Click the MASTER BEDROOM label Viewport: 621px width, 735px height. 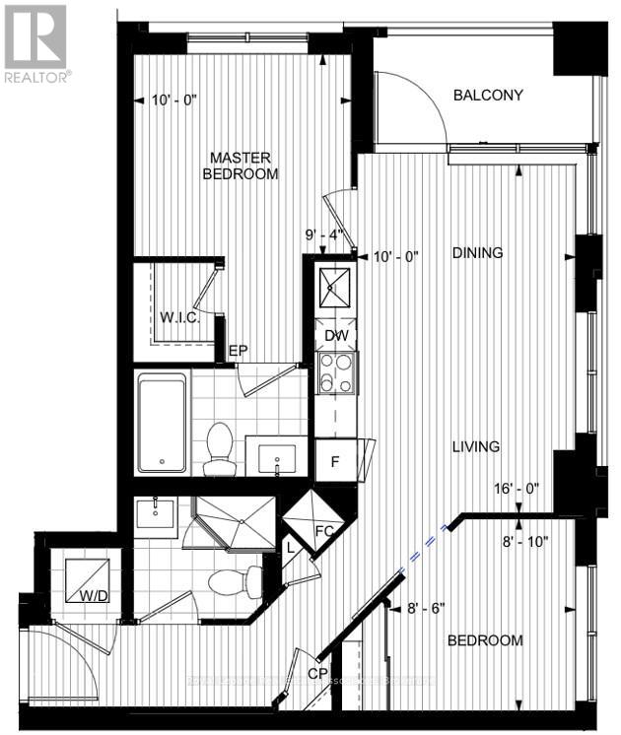click(x=240, y=166)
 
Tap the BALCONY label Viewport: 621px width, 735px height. click(x=487, y=96)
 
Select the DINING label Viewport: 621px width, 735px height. click(x=478, y=253)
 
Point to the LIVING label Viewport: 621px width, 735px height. click(x=475, y=446)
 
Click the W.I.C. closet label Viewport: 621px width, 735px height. click(x=179, y=318)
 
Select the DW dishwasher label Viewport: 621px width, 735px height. click(x=336, y=335)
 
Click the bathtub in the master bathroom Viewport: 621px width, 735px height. click(x=162, y=421)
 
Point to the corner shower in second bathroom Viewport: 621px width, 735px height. click(x=236, y=522)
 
